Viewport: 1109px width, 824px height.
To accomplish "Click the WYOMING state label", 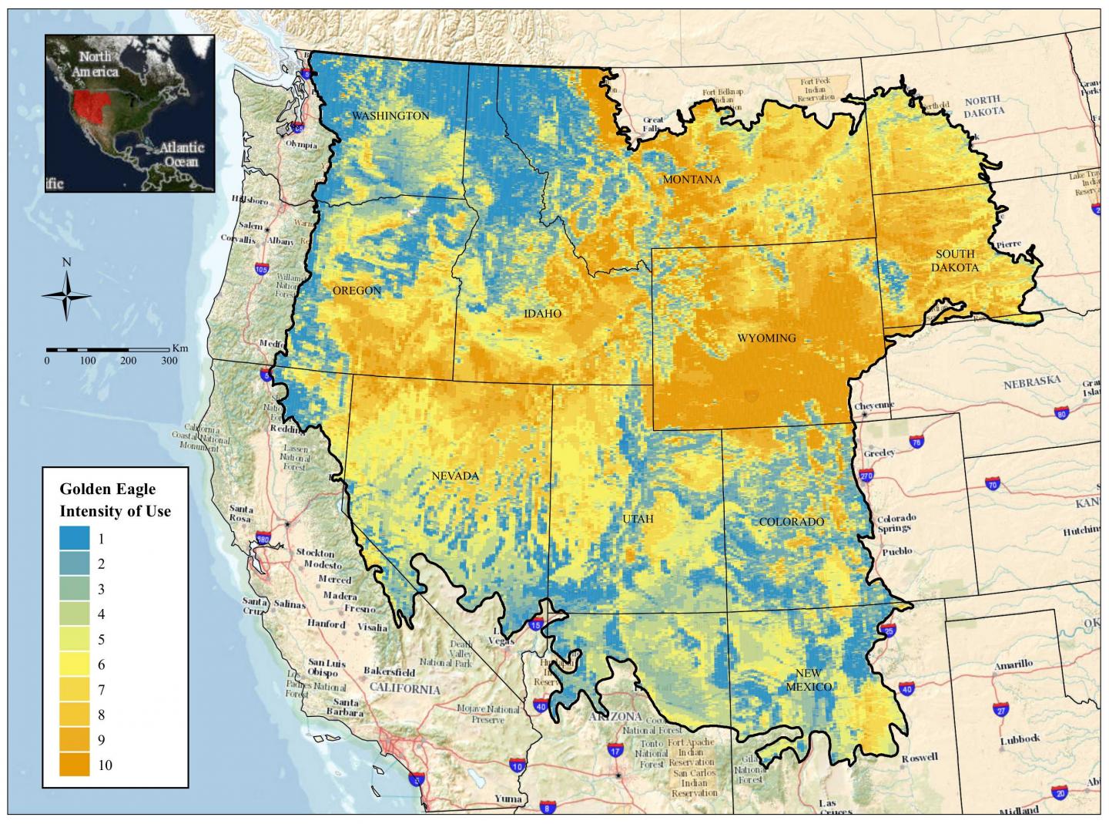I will [x=766, y=338].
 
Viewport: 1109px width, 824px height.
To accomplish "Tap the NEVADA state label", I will [x=454, y=476].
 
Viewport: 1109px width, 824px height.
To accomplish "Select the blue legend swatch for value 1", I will [x=74, y=539].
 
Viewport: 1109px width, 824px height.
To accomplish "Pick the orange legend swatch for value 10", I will [x=74, y=765].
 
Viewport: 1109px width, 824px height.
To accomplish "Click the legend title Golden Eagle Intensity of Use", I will [x=116, y=499].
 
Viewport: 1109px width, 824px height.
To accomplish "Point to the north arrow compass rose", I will [x=66, y=295].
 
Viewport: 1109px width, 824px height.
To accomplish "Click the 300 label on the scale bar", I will [x=169, y=361].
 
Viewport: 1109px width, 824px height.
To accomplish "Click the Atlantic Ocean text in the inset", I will [x=182, y=154].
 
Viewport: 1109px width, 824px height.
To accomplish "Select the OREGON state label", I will [x=357, y=291].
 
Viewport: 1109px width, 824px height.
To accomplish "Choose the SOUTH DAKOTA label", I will [x=955, y=261].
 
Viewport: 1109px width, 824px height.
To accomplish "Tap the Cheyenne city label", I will [x=874, y=405].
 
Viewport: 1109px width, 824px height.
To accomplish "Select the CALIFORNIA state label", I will [x=405, y=689].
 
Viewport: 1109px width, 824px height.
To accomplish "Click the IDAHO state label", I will [x=542, y=314].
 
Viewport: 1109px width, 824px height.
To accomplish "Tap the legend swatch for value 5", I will [x=74, y=639].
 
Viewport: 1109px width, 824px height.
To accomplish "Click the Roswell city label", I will [x=921, y=758].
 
